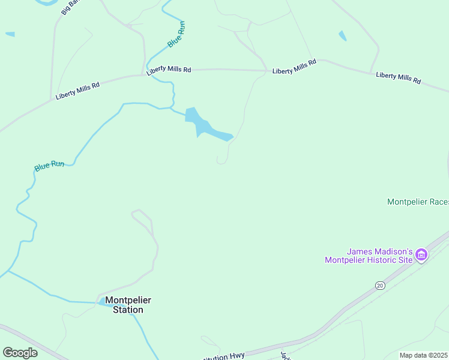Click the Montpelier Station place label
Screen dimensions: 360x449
124,305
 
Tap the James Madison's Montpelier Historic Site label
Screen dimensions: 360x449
369,256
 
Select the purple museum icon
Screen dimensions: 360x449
421,255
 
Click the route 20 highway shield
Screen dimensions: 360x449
379,286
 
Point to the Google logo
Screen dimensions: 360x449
20,352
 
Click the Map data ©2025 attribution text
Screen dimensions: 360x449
423,355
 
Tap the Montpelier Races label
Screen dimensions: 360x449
418,202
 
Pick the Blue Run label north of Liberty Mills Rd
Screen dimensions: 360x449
176,35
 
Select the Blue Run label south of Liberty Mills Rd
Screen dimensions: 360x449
49,165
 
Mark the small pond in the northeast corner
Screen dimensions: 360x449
342,36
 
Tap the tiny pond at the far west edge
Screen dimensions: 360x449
10,34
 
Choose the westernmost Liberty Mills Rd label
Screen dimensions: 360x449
77,91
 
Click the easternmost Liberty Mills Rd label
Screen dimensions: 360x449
399,78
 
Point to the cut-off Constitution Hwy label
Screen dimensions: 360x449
221,356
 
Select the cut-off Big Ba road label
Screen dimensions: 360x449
71,7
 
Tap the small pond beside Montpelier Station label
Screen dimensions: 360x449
102,302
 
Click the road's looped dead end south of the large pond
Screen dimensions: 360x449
221,161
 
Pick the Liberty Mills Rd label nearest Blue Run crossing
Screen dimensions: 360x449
169,70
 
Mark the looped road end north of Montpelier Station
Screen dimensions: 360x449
137,212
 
